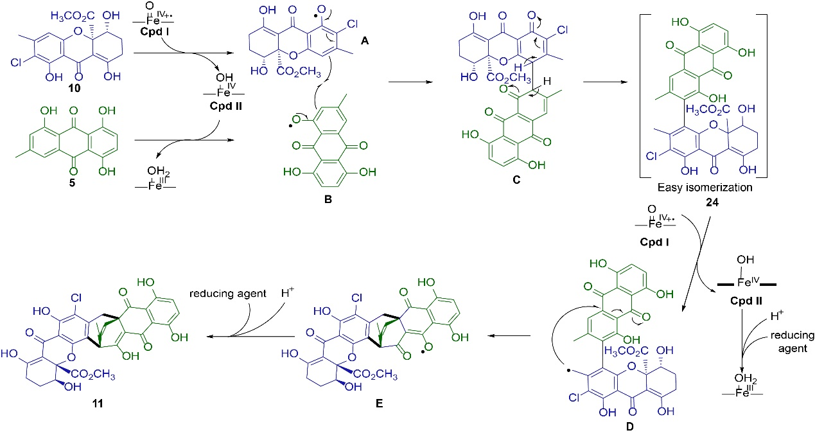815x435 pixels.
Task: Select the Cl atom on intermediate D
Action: click(575, 398)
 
